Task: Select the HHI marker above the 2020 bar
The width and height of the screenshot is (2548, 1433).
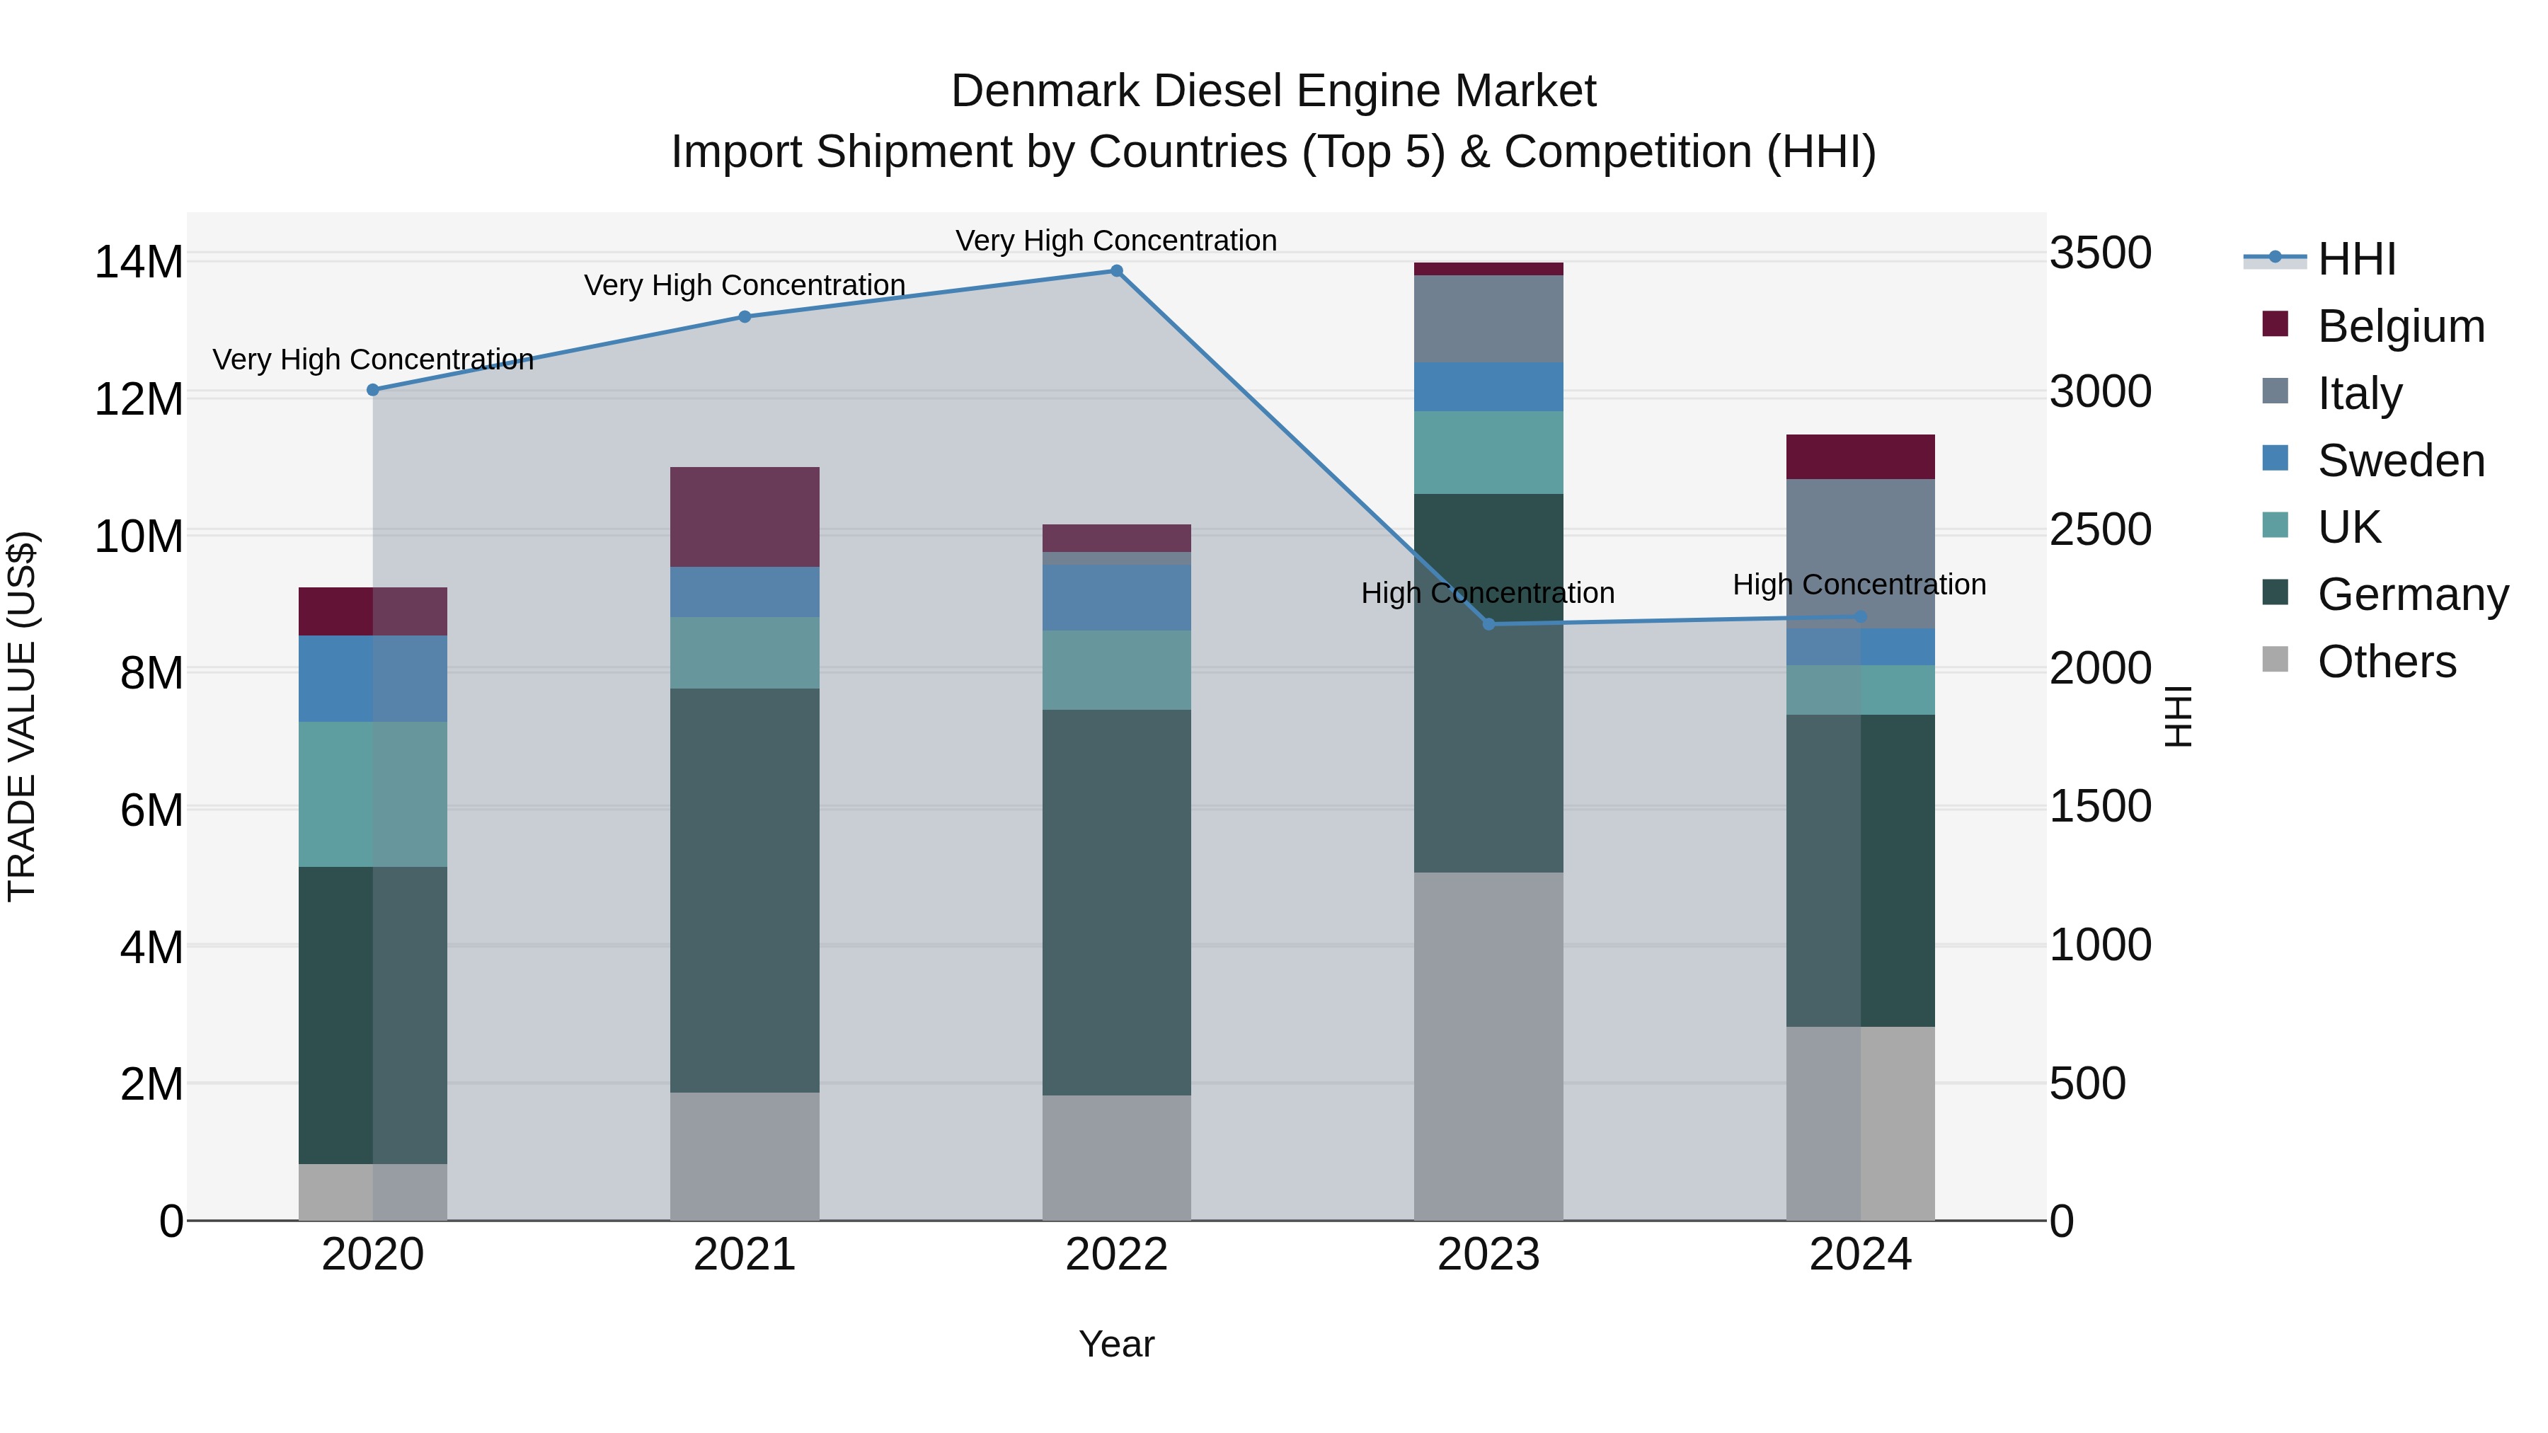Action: coord(373,390)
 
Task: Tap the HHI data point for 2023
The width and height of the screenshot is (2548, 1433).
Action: coord(1488,624)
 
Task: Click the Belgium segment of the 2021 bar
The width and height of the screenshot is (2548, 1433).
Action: coord(744,517)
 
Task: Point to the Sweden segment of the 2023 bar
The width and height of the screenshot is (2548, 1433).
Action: coord(1488,386)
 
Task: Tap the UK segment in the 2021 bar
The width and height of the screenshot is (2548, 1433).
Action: coord(744,652)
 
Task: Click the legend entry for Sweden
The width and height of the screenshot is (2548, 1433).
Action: coord(2401,461)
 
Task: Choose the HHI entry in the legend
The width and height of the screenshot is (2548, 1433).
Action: coord(2356,259)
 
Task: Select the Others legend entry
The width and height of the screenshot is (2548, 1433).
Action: coord(2386,662)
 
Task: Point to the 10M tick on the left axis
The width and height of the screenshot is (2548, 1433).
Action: coord(139,536)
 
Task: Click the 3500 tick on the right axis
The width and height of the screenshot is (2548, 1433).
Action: coord(2100,253)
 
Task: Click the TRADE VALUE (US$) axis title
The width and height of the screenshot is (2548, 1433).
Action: coord(22,716)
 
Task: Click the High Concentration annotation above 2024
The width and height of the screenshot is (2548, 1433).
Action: coord(1859,585)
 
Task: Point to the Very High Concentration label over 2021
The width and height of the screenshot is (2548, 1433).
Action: coord(744,284)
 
